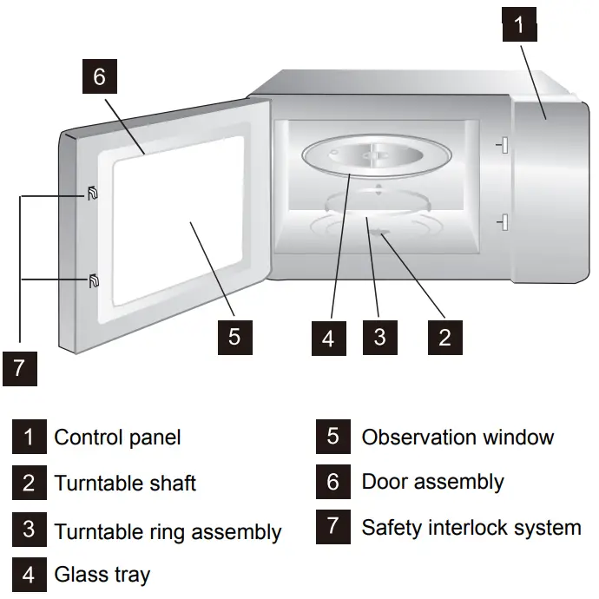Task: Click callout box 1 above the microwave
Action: (x=520, y=24)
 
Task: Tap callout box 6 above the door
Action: (x=99, y=77)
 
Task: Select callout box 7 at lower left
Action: (x=19, y=368)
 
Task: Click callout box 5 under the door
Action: (x=234, y=336)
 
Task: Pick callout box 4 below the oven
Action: (x=327, y=337)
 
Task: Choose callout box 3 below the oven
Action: (x=379, y=336)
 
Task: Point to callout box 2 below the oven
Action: (x=444, y=337)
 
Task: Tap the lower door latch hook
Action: (x=92, y=280)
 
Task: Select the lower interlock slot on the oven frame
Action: (x=500, y=224)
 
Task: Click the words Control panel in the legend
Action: (x=117, y=437)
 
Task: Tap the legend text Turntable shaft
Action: (x=125, y=483)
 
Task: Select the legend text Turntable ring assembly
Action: (x=168, y=531)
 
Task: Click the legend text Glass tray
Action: (x=102, y=575)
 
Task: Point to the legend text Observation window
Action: (x=457, y=437)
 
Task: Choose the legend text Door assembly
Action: (x=432, y=482)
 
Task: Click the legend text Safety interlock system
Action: (x=471, y=527)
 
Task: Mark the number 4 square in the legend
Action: (x=29, y=575)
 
